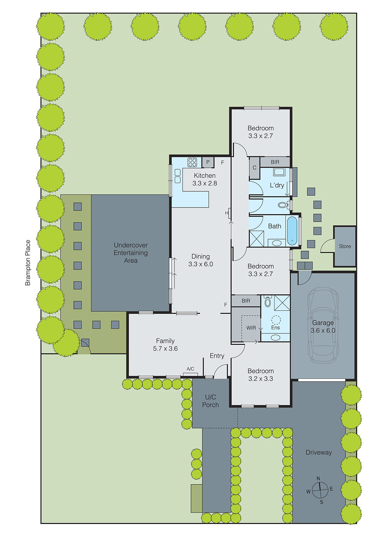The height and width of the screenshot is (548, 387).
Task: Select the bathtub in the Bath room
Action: click(x=292, y=231)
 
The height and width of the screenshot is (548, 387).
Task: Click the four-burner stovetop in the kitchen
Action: click(x=192, y=162)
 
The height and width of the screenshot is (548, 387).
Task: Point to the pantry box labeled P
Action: click(x=208, y=162)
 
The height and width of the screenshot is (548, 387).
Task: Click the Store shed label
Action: click(x=345, y=246)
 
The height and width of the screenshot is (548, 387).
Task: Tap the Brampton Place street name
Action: click(x=28, y=263)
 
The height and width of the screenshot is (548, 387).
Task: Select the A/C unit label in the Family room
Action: click(x=190, y=369)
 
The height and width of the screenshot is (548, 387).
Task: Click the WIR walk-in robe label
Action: click(x=251, y=328)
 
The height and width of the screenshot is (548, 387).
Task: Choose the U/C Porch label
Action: click(x=210, y=401)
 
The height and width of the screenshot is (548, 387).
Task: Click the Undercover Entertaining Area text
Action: click(x=131, y=253)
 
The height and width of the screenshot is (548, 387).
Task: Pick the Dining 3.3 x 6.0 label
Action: click(x=201, y=260)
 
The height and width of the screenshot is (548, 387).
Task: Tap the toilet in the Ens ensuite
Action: click(x=268, y=302)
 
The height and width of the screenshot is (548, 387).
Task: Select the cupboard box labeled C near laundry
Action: click(x=254, y=168)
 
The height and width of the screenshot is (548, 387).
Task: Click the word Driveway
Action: click(x=319, y=452)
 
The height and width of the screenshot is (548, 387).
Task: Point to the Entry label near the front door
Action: click(x=217, y=356)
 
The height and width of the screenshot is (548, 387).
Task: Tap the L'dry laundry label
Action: click(x=277, y=185)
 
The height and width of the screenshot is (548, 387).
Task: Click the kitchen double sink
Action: click(x=178, y=176)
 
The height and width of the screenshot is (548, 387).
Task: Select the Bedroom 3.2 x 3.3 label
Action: click(x=260, y=375)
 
